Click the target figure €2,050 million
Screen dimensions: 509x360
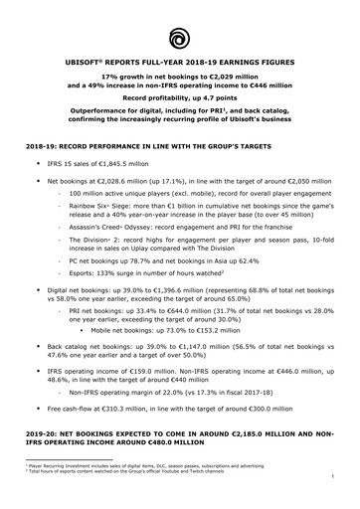tap(306, 182)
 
